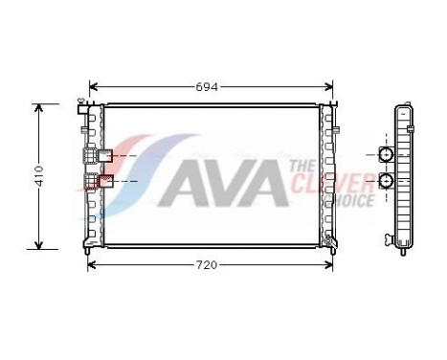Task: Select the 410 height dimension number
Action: click(x=39, y=176)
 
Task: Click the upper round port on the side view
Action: click(x=387, y=155)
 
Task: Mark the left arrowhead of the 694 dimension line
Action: click(x=92, y=86)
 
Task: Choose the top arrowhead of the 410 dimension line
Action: click(x=39, y=108)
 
